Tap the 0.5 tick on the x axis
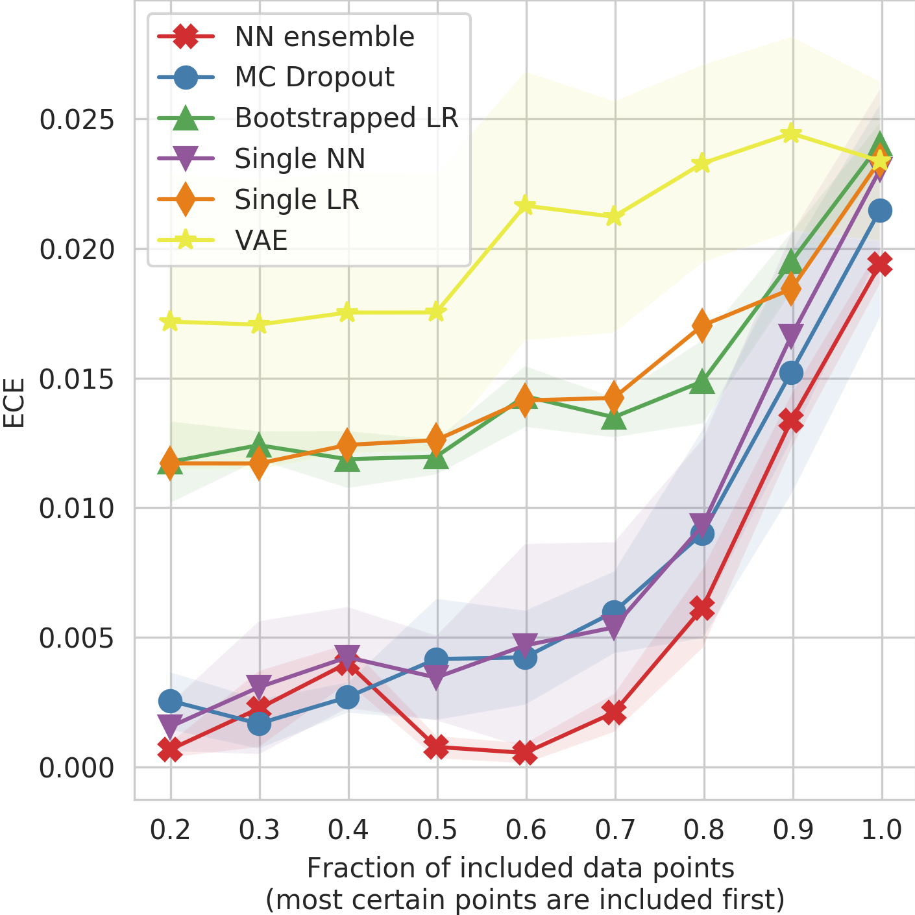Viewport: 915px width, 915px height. tap(437, 829)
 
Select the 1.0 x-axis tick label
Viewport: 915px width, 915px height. tap(881, 829)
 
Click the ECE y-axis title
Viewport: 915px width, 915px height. tap(14, 402)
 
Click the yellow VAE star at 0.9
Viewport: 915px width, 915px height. tap(791, 134)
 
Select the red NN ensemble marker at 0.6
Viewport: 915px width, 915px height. tap(526, 753)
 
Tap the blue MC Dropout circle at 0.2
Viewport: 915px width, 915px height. tap(170, 701)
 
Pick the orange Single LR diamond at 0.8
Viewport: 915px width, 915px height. tap(702, 325)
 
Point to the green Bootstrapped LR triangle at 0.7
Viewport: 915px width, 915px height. tap(614, 419)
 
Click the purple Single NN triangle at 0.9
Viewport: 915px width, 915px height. tap(791, 337)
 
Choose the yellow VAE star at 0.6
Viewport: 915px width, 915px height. tap(526, 206)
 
